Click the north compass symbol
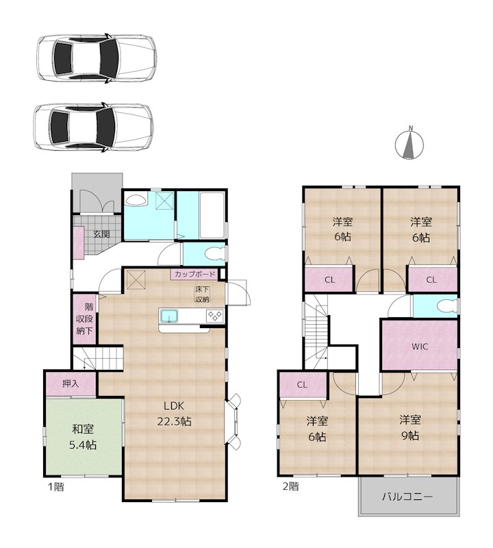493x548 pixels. click(409, 143)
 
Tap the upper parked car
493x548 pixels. click(97, 58)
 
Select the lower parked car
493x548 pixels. click(93, 127)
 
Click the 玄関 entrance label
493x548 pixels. click(101, 234)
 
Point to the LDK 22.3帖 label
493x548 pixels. click(174, 414)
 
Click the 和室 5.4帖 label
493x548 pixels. click(83, 436)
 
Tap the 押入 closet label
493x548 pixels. click(71, 384)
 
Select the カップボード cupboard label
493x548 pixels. click(195, 274)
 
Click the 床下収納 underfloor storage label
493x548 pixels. click(202, 295)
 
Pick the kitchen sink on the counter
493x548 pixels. click(169, 316)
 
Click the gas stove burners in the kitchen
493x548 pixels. click(215, 316)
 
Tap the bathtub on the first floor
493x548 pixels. click(212, 215)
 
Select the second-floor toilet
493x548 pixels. click(447, 306)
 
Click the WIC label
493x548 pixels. click(420, 347)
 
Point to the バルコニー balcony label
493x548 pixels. click(407, 496)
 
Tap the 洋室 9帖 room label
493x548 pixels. click(410, 427)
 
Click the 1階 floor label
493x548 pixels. click(55, 486)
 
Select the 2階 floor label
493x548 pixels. click(290, 486)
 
